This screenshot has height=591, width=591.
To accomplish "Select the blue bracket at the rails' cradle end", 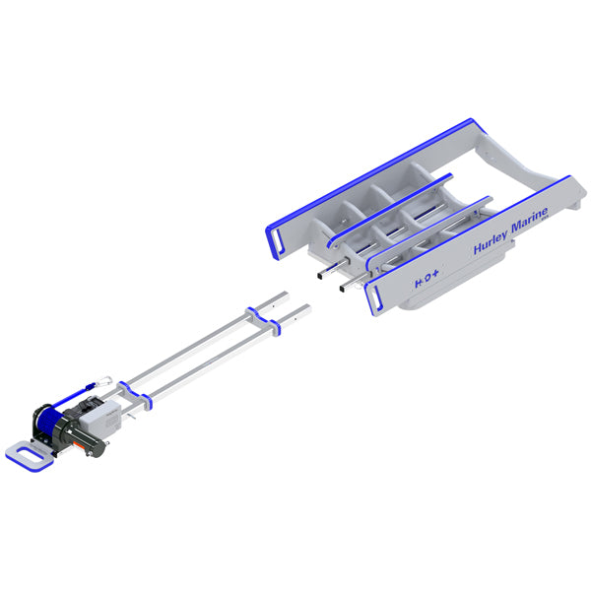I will click(266, 317).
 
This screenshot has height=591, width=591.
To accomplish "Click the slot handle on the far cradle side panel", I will click(278, 237).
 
